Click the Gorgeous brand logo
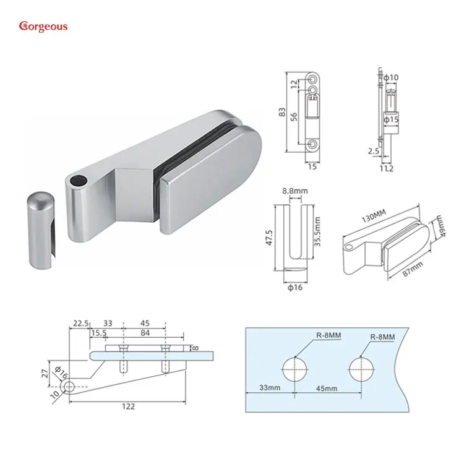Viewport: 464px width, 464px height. pyautogui.click(x=43, y=26)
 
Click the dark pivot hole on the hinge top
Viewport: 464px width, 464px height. pyautogui.click(x=78, y=180)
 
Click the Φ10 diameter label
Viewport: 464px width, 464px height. pyautogui.click(x=391, y=77)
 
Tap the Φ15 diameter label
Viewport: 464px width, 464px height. pyautogui.click(x=391, y=118)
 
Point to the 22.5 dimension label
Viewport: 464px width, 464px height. pyautogui.click(x=81, y=322)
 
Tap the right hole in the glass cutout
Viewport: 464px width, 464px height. pyautogui.click(x=361, y=371)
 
